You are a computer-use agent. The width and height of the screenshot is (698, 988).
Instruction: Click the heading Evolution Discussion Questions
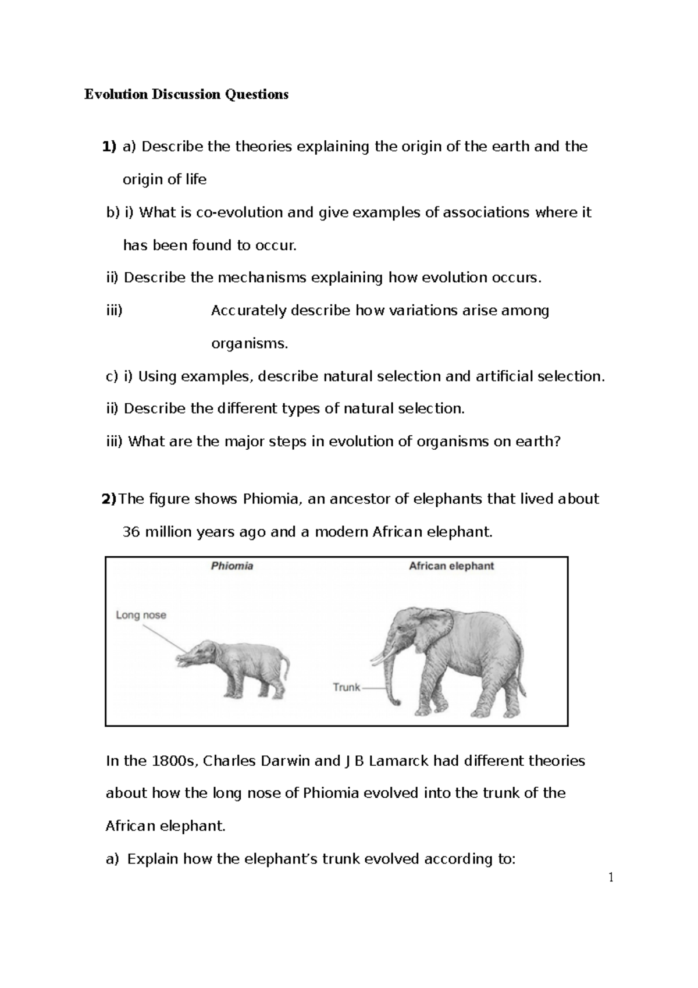(186, 94)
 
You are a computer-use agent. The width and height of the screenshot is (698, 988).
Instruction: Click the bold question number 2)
(109, 499)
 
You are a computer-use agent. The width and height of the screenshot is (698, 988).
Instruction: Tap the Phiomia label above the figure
(232, 566)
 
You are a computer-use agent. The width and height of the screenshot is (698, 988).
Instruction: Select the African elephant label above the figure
(451, 566)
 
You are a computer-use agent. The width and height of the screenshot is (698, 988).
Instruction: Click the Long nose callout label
(141, 615)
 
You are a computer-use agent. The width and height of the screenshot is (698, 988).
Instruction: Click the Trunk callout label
(347, 687)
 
